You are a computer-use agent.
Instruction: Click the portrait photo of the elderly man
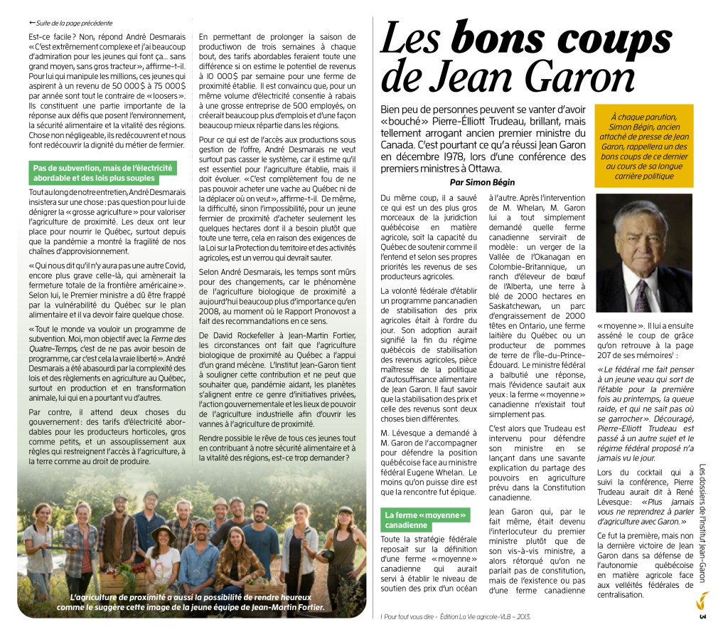[x=643, y=254]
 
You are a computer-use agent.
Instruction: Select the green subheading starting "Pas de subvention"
[x=103, y=172]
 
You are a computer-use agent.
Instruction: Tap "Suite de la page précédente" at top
[x=75, y=23]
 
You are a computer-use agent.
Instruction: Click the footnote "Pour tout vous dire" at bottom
[x=455, y=616]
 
